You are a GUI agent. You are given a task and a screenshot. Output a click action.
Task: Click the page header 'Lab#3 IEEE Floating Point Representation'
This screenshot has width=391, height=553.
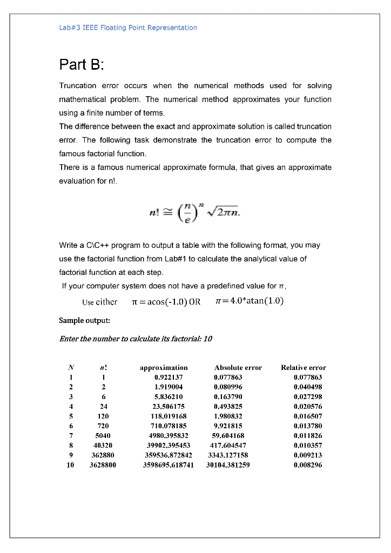[128, 28]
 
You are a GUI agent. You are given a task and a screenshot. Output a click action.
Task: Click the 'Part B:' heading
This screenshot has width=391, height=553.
[81, 65]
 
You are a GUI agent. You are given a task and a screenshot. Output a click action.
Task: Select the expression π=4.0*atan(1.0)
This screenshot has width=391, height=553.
[249, 301]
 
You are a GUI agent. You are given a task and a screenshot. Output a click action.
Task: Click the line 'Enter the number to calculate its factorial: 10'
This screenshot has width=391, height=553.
[136, 339]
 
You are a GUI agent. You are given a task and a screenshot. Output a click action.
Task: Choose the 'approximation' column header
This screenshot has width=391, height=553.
[164, 367]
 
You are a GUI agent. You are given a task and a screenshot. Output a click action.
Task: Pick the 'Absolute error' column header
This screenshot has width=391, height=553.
[238, 367]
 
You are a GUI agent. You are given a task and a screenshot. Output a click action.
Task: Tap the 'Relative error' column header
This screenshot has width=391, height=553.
[304, 367]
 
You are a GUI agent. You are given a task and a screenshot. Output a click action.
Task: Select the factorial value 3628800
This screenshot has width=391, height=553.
[103, 464]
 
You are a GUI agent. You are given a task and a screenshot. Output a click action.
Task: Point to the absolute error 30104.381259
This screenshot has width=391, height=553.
[228, 464]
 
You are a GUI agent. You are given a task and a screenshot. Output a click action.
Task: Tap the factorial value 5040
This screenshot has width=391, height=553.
[103, 435]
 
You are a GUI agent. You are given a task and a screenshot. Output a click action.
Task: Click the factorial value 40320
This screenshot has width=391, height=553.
[103, 445]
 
